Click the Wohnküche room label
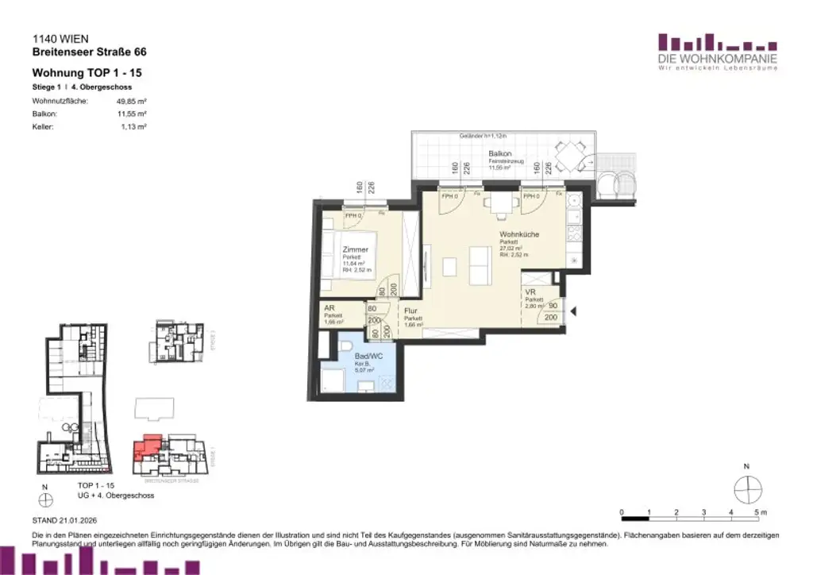click(x=520, y=235)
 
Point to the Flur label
click(x=410, y=311)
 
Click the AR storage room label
click(x=329, y=308)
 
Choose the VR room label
click(x=530, y=291)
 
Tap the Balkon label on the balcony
click(x=499, y=152)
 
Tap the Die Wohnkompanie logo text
click(x=716, y=59)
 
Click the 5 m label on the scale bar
click(x=760, y=512)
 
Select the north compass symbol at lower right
click(x=747, y=489)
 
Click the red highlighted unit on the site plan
click(x=148, y=447)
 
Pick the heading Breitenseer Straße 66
click(x=89, y=52)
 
